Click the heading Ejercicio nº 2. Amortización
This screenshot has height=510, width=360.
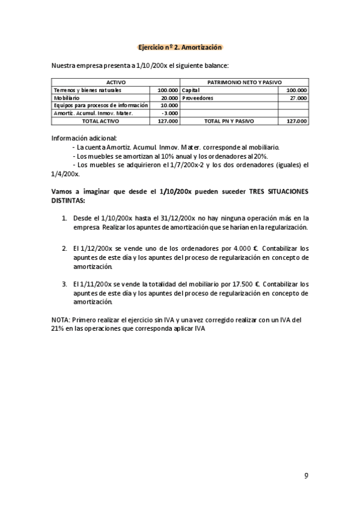coord(180,47)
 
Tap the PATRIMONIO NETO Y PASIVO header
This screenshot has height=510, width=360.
coord(244,82)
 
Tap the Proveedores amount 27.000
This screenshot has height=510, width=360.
coord(297,97)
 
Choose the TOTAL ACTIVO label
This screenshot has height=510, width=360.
coord(100,121)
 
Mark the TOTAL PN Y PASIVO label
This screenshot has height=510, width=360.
coord(228,121)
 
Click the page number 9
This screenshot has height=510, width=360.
coord(306,476)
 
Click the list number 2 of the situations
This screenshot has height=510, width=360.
coord(64,248)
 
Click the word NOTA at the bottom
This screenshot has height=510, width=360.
coord(61,319)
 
